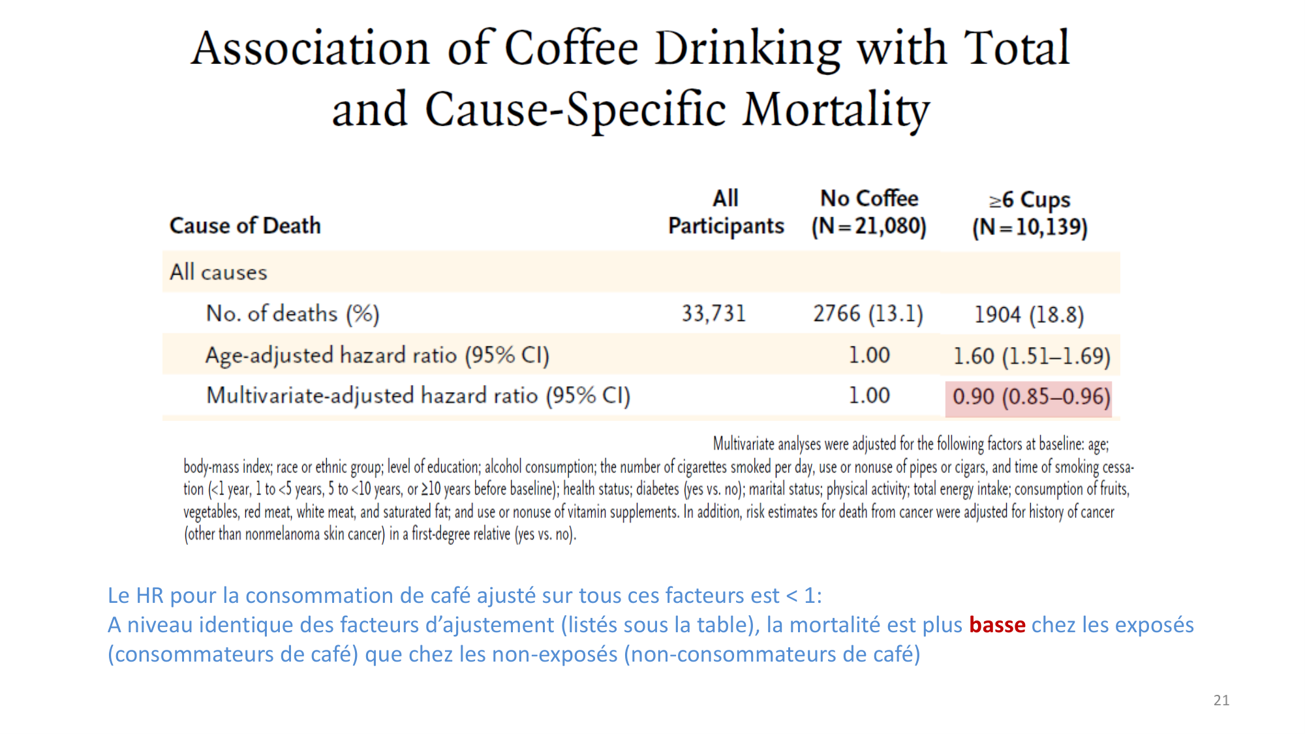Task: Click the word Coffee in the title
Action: pos(571,48)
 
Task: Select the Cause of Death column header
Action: pos(245,226)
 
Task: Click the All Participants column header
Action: pos(726,212)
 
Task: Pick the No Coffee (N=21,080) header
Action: pos(868,212)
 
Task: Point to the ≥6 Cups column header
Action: pos(1030,213)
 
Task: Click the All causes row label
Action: pos(219,272)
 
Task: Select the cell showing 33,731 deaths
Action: pos(713,314)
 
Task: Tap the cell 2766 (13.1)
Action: pos(868,314)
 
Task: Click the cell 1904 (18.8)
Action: pos(1029,315)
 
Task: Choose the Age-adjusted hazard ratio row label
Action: pos(377,356)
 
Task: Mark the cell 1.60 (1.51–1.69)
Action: pos(1032,356)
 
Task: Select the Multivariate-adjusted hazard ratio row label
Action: pos(418,396)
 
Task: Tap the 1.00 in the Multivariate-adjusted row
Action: pos(868,396)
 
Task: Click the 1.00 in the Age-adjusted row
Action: pos(868,356)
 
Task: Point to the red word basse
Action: pos(996,625)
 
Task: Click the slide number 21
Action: pos(1221,701)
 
